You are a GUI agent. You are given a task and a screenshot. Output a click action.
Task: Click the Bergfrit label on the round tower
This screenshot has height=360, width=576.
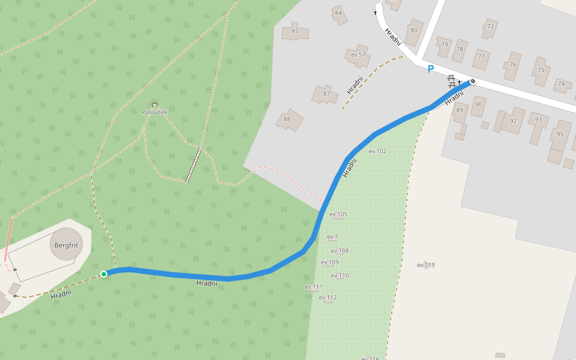coord(67,245)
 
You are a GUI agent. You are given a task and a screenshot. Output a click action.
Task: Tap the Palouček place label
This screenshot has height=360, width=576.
coord(154,112)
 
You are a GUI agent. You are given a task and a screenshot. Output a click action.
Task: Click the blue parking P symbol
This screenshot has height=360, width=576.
coord(430,70)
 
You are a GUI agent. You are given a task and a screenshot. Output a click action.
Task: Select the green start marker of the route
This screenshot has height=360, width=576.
coord(104,274)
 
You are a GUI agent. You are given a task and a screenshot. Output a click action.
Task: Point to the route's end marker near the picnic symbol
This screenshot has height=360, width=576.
coord(473,81)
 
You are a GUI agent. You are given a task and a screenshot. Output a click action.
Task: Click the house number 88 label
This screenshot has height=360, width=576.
coord(287,119)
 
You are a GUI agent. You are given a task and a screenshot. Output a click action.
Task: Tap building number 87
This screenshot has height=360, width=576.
coord(327,94)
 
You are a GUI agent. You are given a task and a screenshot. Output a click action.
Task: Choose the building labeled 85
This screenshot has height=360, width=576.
coord(295,31)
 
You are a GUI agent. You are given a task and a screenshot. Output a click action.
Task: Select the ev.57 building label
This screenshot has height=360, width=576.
coord(358,55)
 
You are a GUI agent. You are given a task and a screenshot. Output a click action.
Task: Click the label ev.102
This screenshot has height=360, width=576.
coord(377,151)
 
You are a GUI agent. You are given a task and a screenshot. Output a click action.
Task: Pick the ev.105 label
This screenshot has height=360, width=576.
coord(338,214)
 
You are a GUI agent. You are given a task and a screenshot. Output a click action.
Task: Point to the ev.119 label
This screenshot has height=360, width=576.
coord(425,265)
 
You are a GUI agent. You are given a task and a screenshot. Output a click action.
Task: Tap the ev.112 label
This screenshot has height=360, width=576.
coord(328,298)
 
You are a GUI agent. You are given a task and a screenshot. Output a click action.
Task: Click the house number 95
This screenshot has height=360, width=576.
coord(560,134)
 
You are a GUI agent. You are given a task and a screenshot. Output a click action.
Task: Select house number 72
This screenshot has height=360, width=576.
coord(490,26)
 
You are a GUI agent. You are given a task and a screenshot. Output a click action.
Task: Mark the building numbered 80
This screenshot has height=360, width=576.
coord(413,30)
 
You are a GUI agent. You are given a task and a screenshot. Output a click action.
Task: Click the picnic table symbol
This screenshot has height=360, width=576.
coord(451,81)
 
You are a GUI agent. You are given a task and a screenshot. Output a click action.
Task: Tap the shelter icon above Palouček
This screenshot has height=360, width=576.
coord(154,104)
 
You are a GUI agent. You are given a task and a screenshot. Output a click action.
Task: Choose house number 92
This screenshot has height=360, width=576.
coord(512,121)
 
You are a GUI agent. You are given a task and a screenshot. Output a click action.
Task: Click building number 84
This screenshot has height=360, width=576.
coord(338,13)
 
